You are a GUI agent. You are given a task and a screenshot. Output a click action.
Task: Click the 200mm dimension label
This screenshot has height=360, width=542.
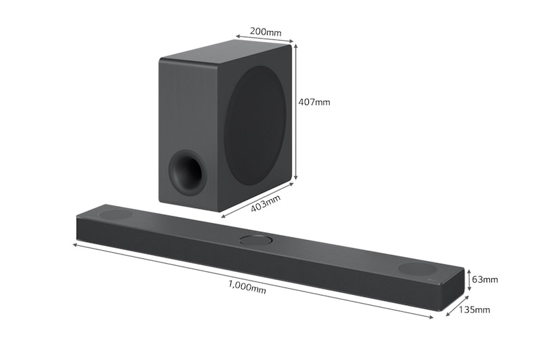pos(266,31)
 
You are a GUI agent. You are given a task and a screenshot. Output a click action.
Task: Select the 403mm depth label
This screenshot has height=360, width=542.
pos(266,203)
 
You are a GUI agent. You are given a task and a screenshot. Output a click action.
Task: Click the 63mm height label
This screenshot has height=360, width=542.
pos(485,279)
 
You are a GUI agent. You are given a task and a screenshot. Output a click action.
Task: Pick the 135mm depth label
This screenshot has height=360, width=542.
pos(474,310)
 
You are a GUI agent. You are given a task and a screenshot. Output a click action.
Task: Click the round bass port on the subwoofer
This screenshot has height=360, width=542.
pos(186,169)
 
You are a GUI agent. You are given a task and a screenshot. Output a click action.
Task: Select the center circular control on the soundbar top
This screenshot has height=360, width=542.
pos(255,239)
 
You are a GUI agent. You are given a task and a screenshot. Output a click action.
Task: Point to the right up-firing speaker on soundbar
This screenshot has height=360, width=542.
pos(417,268)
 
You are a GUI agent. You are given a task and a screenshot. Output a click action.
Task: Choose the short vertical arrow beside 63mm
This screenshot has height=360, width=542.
pos(469,279)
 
